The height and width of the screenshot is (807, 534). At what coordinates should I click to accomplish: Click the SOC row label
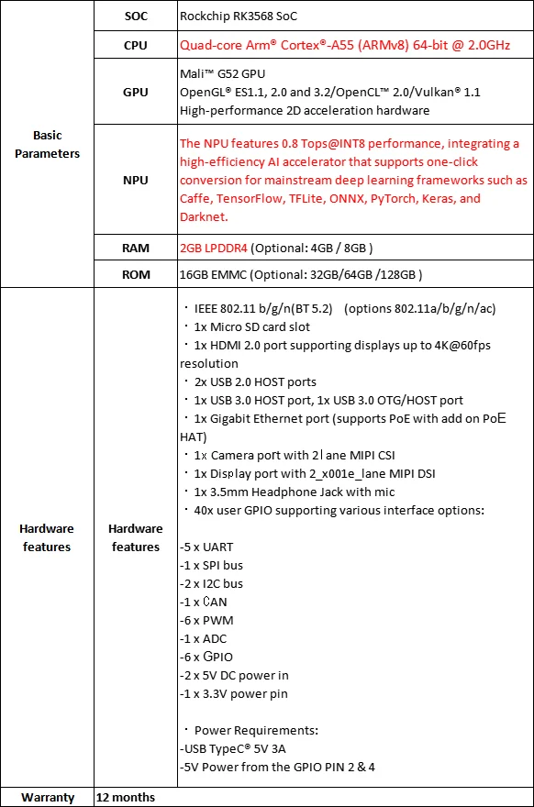[135, 16]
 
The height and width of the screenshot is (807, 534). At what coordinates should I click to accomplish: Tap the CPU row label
[135, 45]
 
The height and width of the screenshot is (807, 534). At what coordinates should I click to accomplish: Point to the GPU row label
[135, 93]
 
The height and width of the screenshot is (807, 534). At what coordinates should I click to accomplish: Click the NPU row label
[135, 181]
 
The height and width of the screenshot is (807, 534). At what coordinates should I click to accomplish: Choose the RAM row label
[135, 248]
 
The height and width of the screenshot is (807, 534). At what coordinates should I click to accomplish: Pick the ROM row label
[135, 274]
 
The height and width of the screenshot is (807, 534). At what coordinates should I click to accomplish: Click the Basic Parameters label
[47, 145]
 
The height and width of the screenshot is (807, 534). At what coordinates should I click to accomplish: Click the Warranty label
[47, 797]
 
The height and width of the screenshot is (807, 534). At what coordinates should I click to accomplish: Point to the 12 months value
[126, 797]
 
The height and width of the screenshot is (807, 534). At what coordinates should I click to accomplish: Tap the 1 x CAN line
[203, 602]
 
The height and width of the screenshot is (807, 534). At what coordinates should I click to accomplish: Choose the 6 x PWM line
[206, 620]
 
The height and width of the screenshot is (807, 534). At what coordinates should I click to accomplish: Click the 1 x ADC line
[203, 638]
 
